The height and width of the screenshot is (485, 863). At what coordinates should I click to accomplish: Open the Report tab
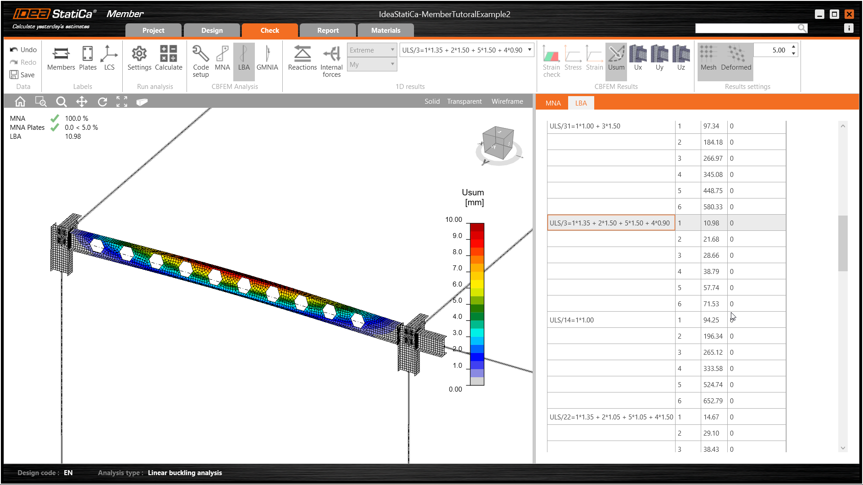point(328,30)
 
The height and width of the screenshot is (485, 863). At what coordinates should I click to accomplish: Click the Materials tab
point(386,30)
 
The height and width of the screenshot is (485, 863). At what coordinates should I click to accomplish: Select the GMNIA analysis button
point(267,58)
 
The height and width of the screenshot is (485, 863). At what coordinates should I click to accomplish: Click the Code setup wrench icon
point(200,53)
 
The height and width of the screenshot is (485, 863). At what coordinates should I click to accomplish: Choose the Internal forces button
point(331,61)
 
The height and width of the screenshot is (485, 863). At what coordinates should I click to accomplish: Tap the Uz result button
point(681,58)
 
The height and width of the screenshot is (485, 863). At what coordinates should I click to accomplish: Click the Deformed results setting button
point(736,58)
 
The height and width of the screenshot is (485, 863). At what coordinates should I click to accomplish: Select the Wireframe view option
point(507,101)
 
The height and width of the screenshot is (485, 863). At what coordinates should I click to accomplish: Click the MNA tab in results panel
point(553,103)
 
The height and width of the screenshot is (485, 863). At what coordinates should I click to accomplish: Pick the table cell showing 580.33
point(713,207)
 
